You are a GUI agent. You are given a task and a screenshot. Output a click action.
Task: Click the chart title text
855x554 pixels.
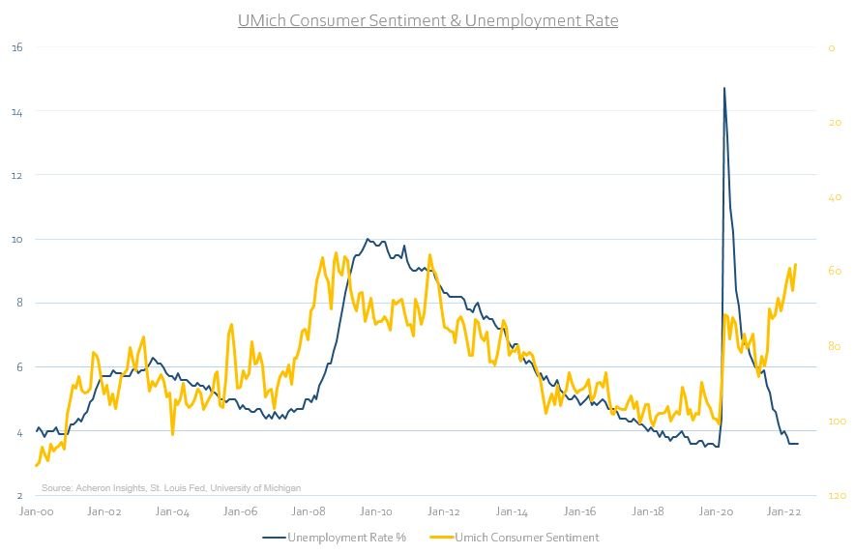[x=427, y=20]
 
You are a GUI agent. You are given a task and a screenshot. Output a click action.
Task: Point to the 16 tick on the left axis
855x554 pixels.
[x=15, y=46]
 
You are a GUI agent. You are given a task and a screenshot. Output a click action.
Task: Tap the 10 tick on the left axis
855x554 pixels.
[x=15, y=239]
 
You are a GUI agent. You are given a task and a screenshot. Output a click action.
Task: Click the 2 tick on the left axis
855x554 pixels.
[x=17, y=495]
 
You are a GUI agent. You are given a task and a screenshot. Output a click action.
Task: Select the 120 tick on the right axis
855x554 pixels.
[x=837, y=495]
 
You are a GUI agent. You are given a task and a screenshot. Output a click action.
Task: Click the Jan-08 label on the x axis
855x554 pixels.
[x=309, y=512]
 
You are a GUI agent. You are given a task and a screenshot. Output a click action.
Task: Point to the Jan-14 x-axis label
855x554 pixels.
[x=514, y=512]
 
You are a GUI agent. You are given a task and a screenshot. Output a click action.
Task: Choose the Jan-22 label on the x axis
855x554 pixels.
[x=784, y=512]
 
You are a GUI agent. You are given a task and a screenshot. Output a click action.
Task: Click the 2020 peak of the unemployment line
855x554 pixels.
[x=724, y=88]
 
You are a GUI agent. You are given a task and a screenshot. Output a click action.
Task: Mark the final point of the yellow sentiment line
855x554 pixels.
[x=795, y=264]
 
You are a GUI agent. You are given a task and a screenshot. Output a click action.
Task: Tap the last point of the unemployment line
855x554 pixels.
[x=798, y=444]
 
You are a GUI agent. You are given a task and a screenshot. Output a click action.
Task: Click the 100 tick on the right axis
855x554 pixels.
[x=837, y=422]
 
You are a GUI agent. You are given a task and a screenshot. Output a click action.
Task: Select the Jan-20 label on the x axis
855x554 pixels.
[x=717, y=512]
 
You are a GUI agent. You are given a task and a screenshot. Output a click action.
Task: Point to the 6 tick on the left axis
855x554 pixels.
[x=17, y=367]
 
